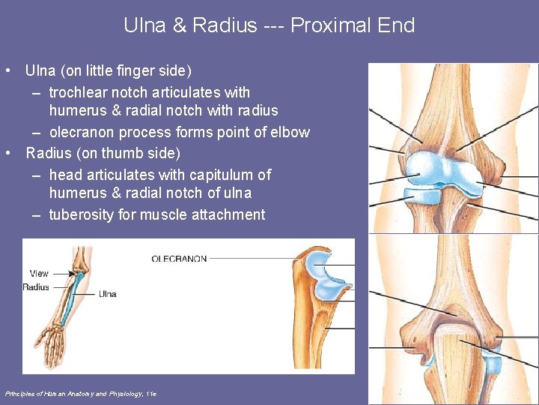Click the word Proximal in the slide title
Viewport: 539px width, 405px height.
[334, 25]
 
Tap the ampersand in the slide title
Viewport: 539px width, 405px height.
[180, 25]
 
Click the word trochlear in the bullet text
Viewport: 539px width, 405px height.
[80, 92]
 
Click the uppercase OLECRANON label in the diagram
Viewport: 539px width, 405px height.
[179, 259]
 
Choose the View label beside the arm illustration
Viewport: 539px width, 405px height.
[39, 273]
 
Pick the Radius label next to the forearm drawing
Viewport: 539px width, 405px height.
[36, 286]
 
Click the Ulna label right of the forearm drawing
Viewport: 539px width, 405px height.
[107, 294]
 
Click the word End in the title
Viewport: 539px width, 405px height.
[398, 25]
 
